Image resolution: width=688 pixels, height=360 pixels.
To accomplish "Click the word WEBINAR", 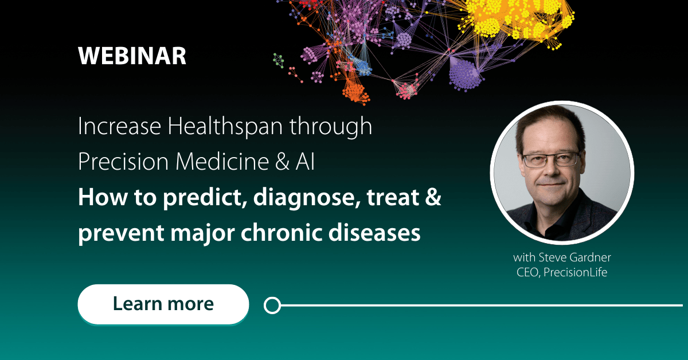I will point(132,56).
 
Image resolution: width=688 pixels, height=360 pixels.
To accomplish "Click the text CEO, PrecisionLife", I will point(561,272).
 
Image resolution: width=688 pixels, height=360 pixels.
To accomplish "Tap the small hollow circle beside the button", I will point(272,305).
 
